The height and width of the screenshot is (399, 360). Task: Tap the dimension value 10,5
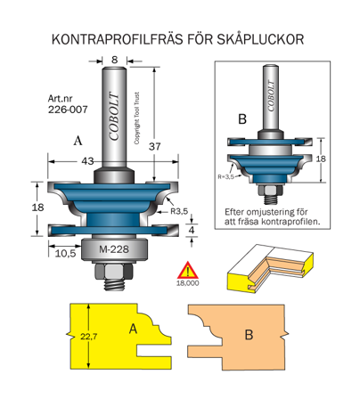click(64, 253)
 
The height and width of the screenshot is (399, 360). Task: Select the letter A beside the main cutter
click(78, 141)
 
